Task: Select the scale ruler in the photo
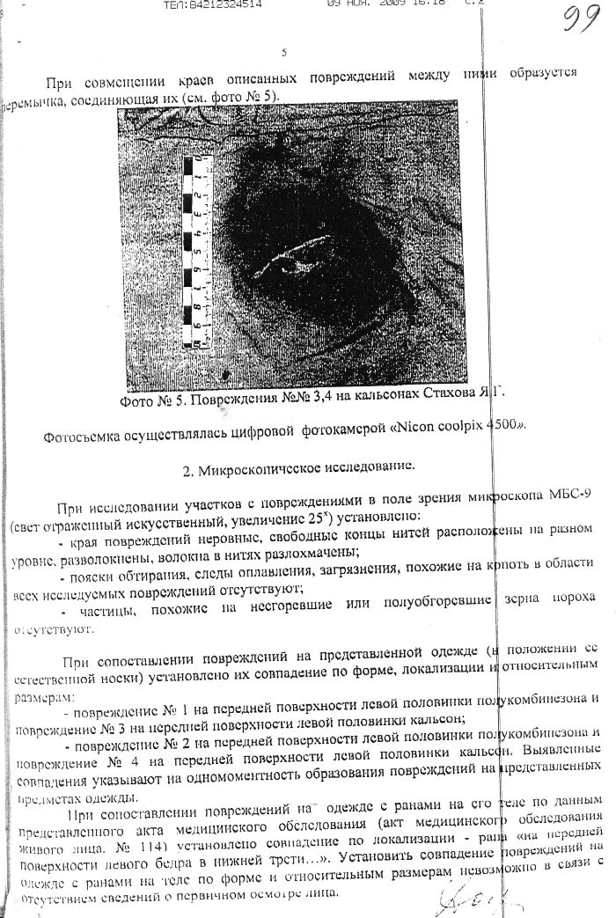click(198, 250)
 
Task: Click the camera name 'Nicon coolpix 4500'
click(466, 425)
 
